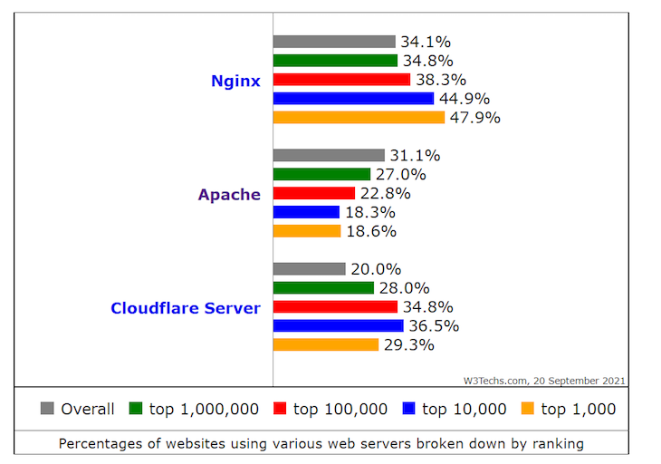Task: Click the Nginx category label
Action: pyautogui.click(x=235, y=81)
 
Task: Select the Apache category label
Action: pyautogui.click(x=229, y=194)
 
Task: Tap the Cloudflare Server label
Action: pyautogui.click(x=186, y=308)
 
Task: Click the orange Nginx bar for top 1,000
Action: pyautogui.click(x=359, y=118)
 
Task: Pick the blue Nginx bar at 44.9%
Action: pyautogui.click(x=353, y=99)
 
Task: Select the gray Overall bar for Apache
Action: pyautogui.click(x=329, y=156)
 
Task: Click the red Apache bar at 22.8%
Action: pyautogui.click(x=313, y=193)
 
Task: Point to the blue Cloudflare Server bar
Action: pyautogui.click(x=338, y=325)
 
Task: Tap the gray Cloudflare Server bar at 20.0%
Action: pyautogui.click(x=309, y=269)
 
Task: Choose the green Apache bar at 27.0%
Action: pyautogui.click(x=321, y=174)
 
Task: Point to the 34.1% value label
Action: pyautogui.click(x=426, y=42)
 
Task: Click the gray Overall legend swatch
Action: pyautogui.click(x=48, y=409)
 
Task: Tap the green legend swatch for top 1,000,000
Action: pyautogui.click(x=136, y=409)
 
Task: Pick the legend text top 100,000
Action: pyautogui.click(x=340, y=409)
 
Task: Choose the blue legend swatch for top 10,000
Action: pyautogui.click(x=408, y=409)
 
